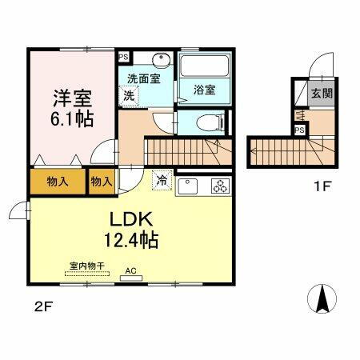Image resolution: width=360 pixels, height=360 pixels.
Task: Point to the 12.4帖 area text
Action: tap(129, 239)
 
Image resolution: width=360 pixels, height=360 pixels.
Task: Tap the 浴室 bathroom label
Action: tap(205, 90)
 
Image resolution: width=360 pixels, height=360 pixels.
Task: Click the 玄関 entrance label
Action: tap(322, 93)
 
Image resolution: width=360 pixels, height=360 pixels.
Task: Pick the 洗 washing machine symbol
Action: tap(129, 94)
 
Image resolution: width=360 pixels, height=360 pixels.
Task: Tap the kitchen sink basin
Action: tap(189, 186)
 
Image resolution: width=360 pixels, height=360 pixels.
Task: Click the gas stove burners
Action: tap(219, 186)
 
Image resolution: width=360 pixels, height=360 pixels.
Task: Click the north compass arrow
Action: tap(322, 300)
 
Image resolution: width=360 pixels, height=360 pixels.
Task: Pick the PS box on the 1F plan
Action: tap(299, 130)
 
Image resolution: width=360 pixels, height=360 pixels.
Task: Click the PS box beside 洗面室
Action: tap(122, 57)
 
